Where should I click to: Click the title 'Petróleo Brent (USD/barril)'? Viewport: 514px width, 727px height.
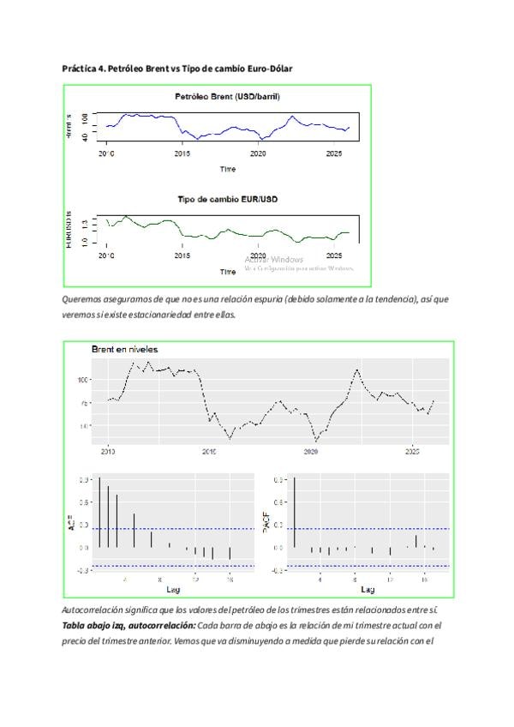coord(227,97)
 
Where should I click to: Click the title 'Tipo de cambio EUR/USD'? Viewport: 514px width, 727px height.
coord(227,199)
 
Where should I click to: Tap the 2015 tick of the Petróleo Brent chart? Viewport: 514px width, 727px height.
coord(182,154)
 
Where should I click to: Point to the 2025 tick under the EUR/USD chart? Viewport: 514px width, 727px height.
coord(334,255)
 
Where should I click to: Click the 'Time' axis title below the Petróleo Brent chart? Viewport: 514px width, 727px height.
coord(227,169)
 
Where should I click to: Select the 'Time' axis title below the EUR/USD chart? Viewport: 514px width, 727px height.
coord(227,271)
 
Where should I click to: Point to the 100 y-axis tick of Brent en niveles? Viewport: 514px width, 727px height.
coord(84,379)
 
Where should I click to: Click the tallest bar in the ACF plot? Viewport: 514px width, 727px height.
coord(99,512)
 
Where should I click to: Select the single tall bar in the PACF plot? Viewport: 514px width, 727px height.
coord(294,512)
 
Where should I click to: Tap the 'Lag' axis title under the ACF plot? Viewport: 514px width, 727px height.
coord(173,589)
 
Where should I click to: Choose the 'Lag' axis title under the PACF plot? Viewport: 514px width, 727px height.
coord(368,589)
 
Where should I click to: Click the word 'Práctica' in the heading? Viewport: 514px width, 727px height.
coord(79,67)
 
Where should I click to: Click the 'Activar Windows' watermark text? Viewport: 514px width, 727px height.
coord(274,259)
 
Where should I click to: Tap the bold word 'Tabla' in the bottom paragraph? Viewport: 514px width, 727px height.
coord(75,625)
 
